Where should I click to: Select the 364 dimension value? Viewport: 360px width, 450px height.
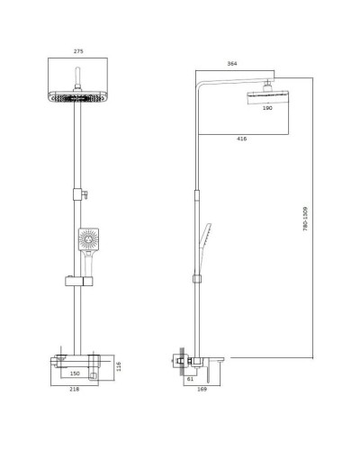[x=208, y=64]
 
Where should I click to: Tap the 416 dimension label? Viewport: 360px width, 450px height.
[x=241, y=139]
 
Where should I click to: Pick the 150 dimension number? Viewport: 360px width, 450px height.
[x=76, y=373]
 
